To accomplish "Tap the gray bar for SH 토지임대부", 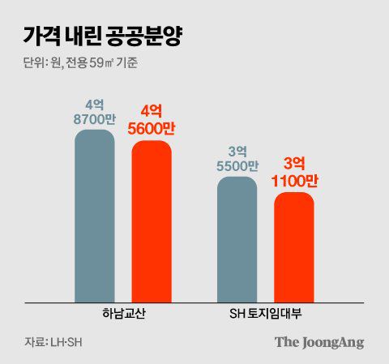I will click(237, 240).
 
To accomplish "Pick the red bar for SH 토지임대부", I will click(294, 247).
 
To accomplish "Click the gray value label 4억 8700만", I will click(95, 111).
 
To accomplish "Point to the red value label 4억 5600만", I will click(152, 119).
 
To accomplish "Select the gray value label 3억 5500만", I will click(237, 158).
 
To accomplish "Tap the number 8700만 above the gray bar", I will click(95, 118).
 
